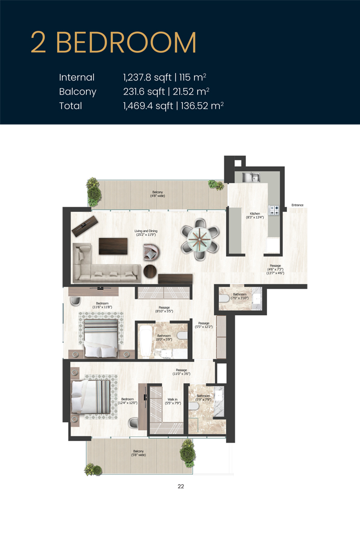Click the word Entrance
pos(297,205)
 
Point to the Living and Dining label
pos(145,233)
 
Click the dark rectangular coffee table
pos(113,246)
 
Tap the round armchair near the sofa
pos(152,253)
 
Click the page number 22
pos(180,487)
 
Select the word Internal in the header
pos(77,77)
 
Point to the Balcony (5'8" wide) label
pos(138,453)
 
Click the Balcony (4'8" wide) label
pos(157,194)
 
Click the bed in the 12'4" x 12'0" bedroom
pos(91,396)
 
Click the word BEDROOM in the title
pos(126,43)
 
